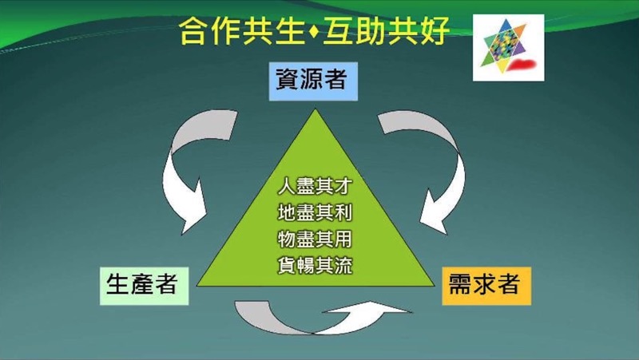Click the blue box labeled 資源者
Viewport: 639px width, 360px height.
tap(313, 81)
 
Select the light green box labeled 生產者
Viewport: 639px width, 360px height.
tap(145, 286)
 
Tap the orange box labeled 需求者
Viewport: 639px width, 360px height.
tap(486, 286)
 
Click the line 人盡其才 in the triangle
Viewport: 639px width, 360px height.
tap(315, 187)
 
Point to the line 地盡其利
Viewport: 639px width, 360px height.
tap(315, 212)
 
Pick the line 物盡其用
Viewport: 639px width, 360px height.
tap(315, 239)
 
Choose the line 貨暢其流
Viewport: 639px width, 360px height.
tap(315, 265)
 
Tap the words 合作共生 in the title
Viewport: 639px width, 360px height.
tap(243, 31)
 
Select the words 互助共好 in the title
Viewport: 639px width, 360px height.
tap(386, 31)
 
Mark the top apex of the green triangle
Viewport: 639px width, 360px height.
tap(315, 109)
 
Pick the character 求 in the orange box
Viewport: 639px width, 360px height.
tap(484, 284)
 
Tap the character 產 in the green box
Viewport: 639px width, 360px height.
tap(142, 284)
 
